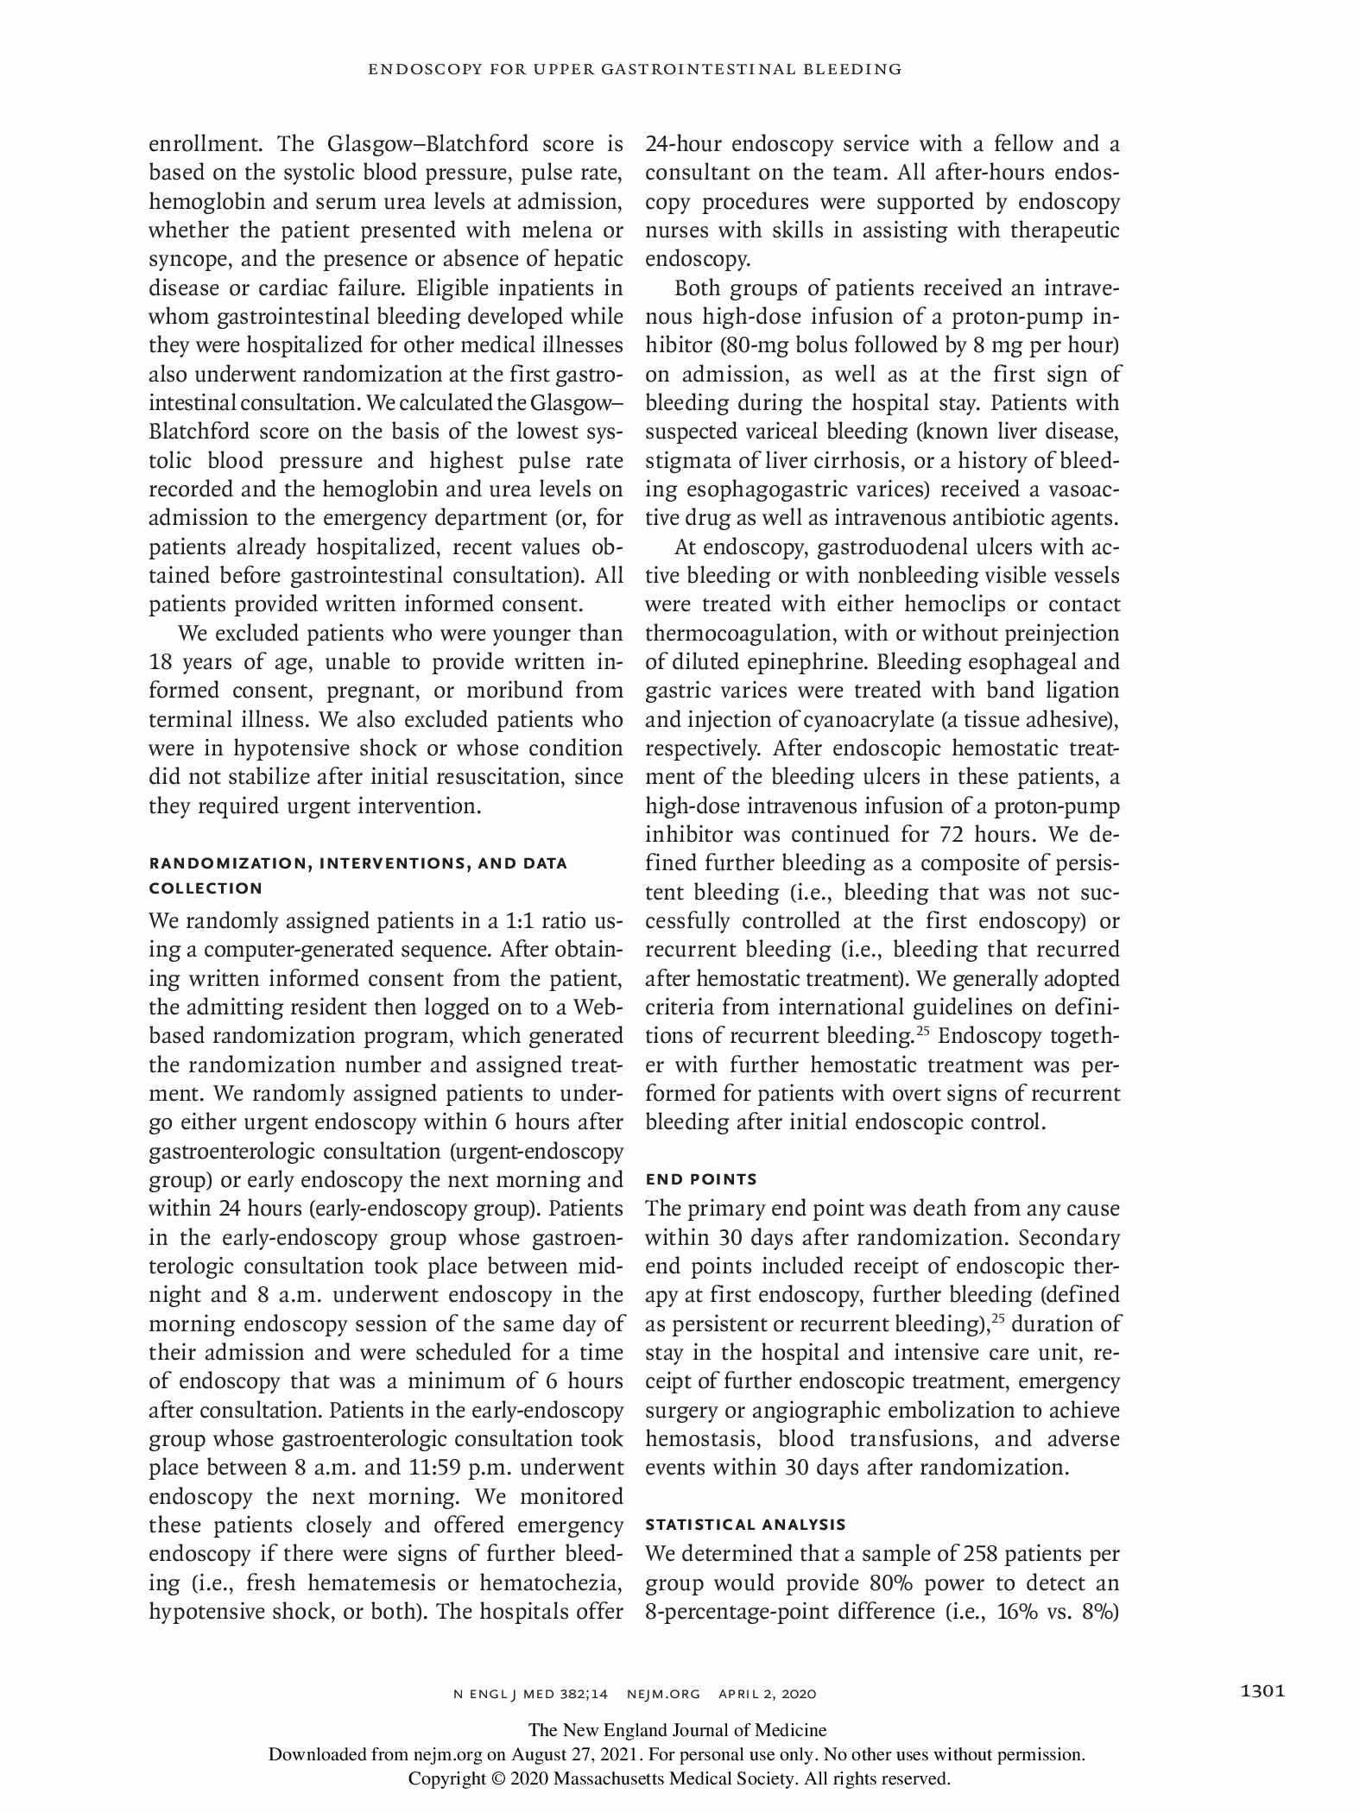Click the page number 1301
(x=1262, y=1691)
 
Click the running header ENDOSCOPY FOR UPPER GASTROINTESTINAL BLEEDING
(x=635, y=69)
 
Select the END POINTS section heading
(x=701, y=1179)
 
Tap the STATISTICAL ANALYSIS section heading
(x=745, y=1525)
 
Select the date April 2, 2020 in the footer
(x=767, y=1694)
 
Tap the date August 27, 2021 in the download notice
(x=574, y=1754)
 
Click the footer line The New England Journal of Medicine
(x=677, y=1730)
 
